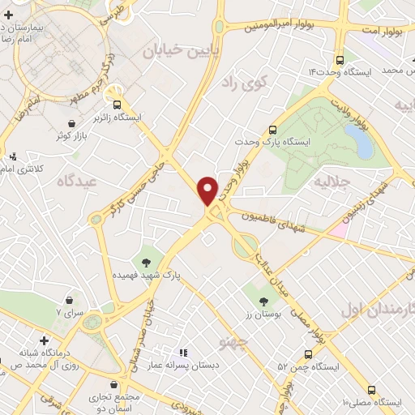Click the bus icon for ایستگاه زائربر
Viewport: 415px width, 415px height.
pyautogui.click(x=117, y=104)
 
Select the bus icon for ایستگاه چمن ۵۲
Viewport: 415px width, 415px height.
pyautogui.click(x=308, y=353)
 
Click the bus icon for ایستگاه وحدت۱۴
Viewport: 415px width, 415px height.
pyautogui.click(x=339, y=59)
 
